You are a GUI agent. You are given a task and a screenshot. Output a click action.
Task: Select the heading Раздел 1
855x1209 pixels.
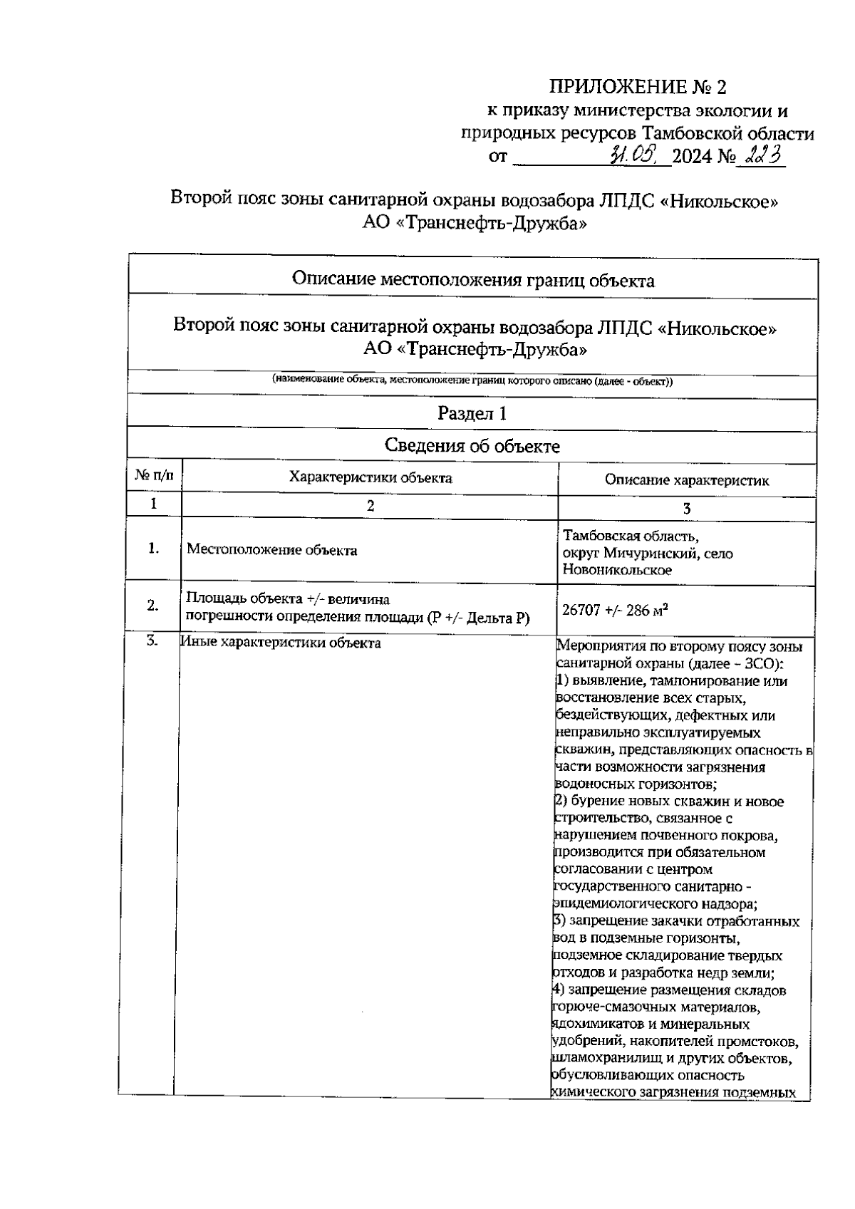pyautogui.click(x=472, y=414)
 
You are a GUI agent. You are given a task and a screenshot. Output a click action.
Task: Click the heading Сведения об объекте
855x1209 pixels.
pyautogui.click(x=472, y=447)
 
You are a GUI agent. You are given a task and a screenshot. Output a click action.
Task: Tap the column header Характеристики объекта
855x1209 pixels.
pyautogui.click(x=370, y=478)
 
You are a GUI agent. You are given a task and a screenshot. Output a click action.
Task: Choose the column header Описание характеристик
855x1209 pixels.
pyautogui.click(x=687, y=480)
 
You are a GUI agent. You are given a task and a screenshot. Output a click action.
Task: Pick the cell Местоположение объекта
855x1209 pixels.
pyautogui.click(x=271, y=551)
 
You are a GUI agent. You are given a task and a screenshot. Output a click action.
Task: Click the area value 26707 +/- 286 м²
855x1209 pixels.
pyautogui.click(x=615, y=611)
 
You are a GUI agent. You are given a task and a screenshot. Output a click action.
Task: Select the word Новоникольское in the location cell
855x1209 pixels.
pyautogui.click(x=617, y=571)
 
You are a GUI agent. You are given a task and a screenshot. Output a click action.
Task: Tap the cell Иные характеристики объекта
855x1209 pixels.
pyautogui.click(x=281, y=643)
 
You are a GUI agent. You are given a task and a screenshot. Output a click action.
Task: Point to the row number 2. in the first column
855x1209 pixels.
pyautogui.click(x=152, y=606)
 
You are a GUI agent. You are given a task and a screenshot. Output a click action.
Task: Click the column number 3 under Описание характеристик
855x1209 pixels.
pyautogui.click(x=687, y=509)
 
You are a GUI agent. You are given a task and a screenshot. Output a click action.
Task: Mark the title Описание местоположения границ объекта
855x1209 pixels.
pyautogui.click(x=472, y=280)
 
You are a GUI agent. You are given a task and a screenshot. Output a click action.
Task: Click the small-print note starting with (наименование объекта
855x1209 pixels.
pyautogui.click(x=472, y=381)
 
